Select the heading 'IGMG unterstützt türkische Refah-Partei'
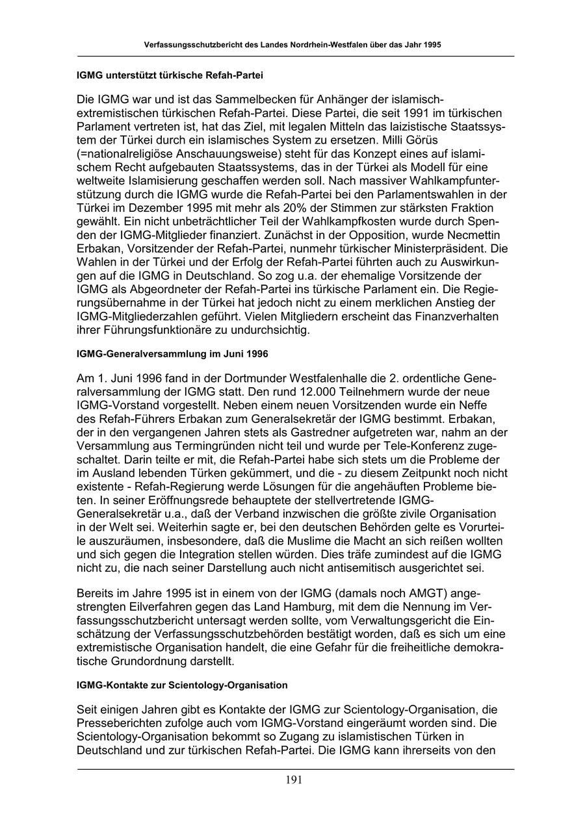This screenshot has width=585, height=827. pos(170,75)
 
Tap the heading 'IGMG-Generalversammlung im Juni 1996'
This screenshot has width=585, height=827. pos(172,354)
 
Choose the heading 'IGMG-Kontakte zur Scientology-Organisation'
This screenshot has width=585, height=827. pos(182,685)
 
